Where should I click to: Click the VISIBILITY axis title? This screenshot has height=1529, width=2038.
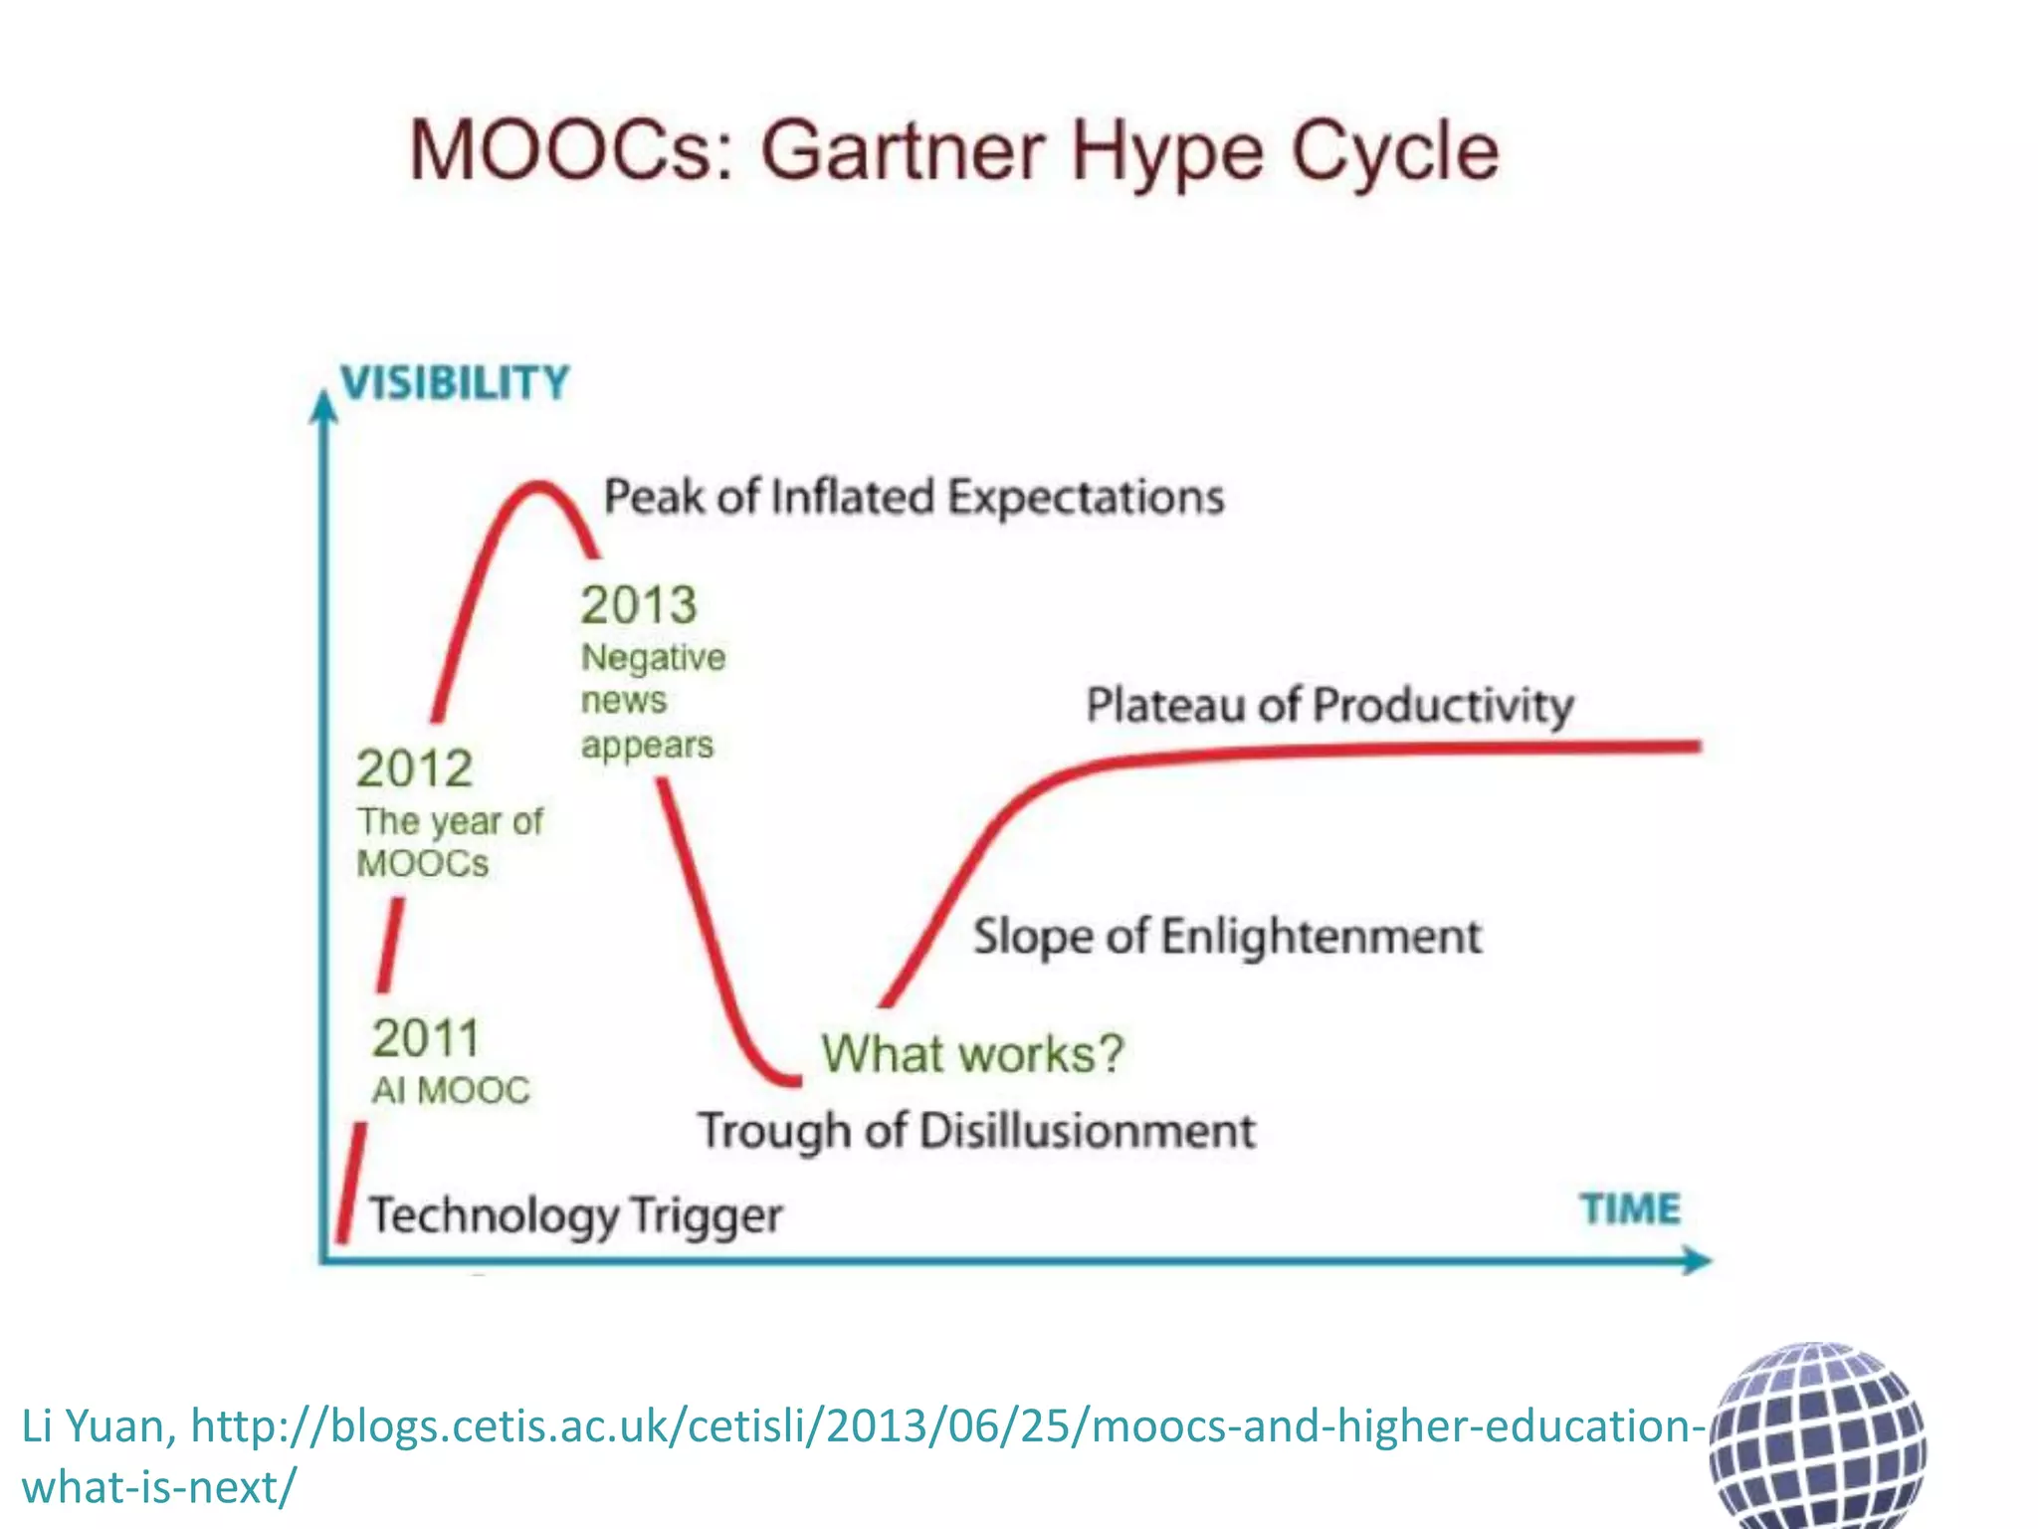pos(455,383)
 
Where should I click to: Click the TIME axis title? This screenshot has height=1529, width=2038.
pos(1630,1209)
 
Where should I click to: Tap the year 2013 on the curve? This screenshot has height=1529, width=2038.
pos(639,605)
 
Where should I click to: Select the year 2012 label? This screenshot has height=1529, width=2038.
pos(414,768)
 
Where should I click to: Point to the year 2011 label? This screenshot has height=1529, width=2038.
pos(426,1038)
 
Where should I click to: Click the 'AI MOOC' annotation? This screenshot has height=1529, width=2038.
pos(451,1091)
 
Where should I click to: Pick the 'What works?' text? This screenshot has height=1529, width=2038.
pos(972,1053)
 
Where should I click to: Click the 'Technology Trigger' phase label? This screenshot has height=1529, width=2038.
pos(575,1216)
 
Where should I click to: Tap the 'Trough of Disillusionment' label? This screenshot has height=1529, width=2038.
pos(976,1132)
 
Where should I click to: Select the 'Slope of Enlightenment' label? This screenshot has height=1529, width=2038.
pos(1227,937)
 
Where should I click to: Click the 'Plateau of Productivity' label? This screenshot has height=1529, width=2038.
pos(1329,706)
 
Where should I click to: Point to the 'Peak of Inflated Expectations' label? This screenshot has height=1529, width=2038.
pos(914,497)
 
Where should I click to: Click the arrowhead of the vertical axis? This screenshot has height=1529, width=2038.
pos(322,406)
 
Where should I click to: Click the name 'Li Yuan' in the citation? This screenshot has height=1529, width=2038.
pos(98,1426)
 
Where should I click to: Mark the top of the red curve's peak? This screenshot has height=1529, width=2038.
pos(538,485)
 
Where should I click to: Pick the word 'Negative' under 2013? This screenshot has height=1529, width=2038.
pos(653,658)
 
